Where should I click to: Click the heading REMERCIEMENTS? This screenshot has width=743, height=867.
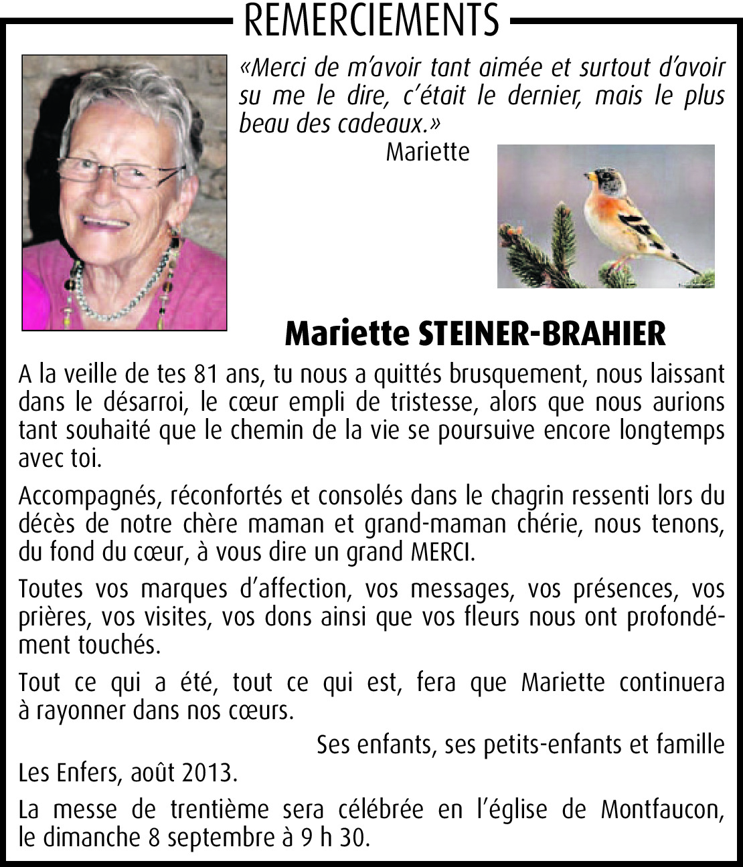pyautogui.click(x=371, y=20)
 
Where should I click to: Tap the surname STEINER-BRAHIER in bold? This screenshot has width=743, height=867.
pyautogui.click(x=542, y=333)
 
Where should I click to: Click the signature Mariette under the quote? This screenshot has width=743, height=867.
pyautogui.click(x=428, y=153)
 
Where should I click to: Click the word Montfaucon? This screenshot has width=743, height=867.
pyautogui.click(x=662, y=809)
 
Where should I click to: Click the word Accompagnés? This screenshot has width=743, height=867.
pyautogui.click(x=88, y=496)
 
